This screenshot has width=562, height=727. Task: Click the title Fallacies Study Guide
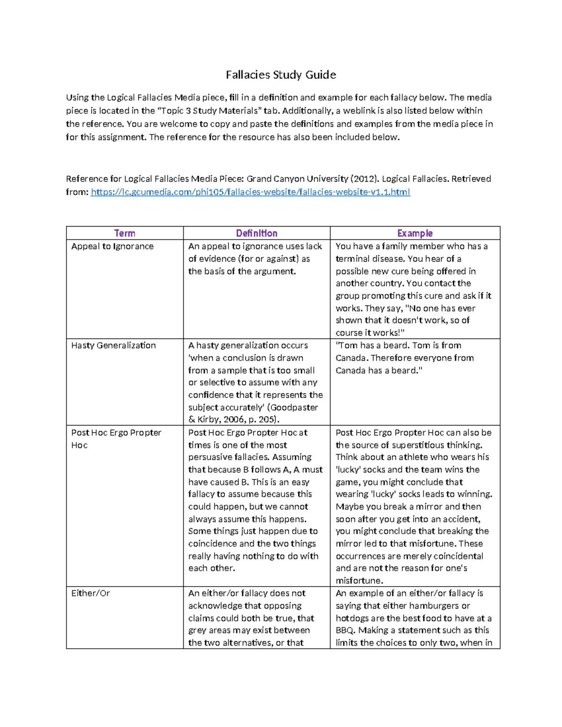(281, 75)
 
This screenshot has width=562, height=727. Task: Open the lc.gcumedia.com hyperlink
(250, 192)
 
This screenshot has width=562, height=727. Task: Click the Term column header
(125, 233)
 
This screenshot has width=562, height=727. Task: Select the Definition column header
(256, 233)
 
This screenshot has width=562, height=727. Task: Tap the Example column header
(414, 233)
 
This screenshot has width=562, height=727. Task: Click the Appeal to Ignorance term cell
(112, 246)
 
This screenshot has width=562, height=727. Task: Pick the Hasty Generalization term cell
(113, 345)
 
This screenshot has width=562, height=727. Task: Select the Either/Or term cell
(90, 593)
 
